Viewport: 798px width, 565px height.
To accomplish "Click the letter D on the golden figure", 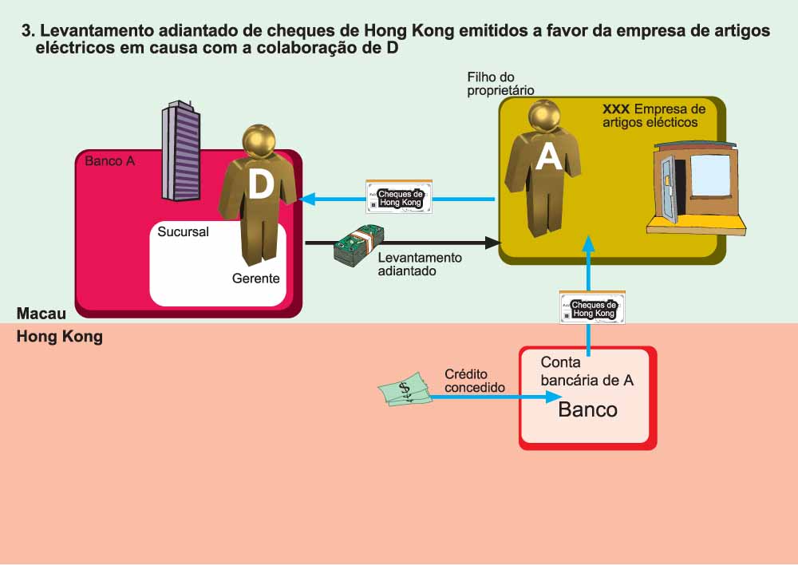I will point(260,184).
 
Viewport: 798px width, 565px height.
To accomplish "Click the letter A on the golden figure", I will point(549,156).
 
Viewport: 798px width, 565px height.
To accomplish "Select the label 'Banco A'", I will point(109,161).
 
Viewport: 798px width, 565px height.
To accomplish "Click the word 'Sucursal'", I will point(184,232).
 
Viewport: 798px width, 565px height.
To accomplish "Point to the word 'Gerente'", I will point(255,279).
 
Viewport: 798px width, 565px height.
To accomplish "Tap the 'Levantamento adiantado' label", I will point(419,264).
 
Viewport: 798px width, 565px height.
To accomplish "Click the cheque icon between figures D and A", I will point(398,196).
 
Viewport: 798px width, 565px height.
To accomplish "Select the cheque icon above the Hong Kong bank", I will point(593,307).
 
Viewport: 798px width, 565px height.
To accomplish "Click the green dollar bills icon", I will point(405,391).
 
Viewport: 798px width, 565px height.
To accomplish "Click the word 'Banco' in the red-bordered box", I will point(587,409).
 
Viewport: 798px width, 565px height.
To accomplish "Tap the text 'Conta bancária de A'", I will point(587,371).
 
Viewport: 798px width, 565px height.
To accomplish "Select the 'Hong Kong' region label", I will point(60,337).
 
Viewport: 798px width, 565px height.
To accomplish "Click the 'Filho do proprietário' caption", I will point(500,84).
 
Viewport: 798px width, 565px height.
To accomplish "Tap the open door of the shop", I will point(668,190).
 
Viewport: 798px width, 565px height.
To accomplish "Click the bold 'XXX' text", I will point(617,109).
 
